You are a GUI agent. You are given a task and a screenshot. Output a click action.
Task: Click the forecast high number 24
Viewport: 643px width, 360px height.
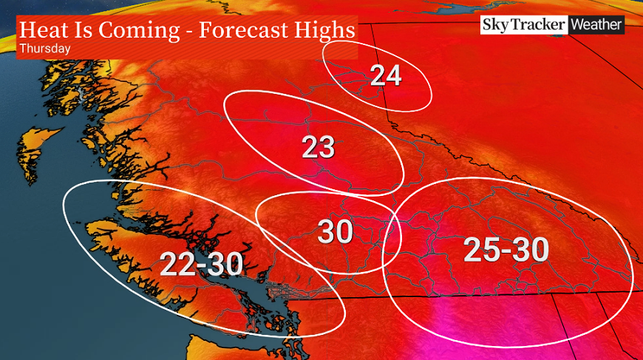pyautogui.click(x=386, y=75)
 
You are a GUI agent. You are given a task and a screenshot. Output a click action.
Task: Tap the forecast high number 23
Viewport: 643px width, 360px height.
pyautogui.click(x=319, y=148)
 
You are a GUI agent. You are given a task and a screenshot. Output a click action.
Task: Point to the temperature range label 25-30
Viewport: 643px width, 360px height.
pyautogui.click(x=506, y=250)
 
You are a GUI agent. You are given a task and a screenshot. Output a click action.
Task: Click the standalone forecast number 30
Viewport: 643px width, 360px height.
pyautogui.click(x=336, y=233)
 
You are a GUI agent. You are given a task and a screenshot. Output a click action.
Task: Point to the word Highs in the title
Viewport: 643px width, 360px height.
pyautogui.click(x=319, y=31)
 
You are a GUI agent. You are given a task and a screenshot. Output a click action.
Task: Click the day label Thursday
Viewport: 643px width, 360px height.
pyautogui.click(x=45, y=49)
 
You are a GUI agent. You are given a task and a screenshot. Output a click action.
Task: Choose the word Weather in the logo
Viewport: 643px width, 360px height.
pyautogui.click(x=596, y=24)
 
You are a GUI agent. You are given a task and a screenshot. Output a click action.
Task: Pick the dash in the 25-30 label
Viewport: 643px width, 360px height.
pyautogui.click(x=506, y=251)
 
